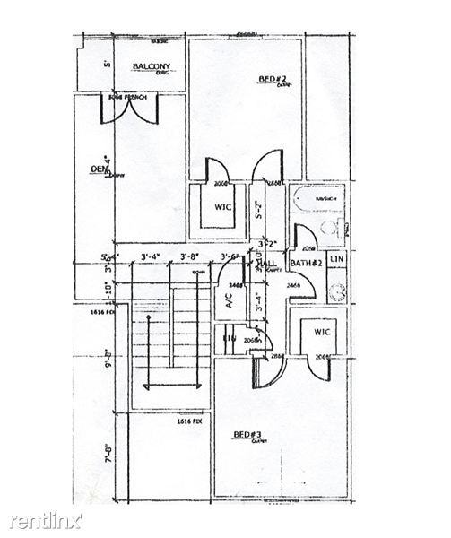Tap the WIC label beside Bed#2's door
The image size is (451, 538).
pyautogui.click(x=223, y=207)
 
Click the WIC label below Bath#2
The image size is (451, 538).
pyautogui.click(x=323, y=332)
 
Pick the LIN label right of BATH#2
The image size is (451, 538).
pyautogui.click(x=336, y=260)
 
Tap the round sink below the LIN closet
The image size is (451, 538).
pyautogui.click(x=338, y=291)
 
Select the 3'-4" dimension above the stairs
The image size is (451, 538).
pyautogui.click(x=151, y=258)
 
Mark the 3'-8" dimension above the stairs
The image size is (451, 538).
pyautogui.click(x=189, y=258)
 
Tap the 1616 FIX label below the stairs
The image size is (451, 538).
pyautogui.click(x=187, y=420)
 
